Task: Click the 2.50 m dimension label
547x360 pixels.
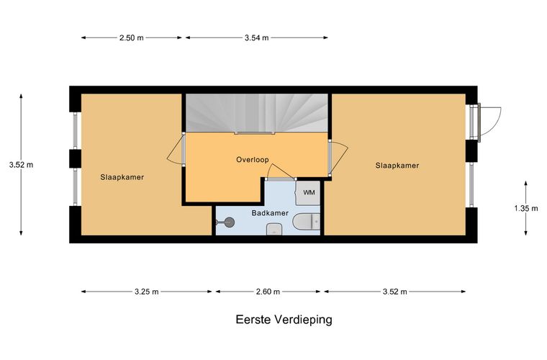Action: pyautogui.click(x=132, y=37)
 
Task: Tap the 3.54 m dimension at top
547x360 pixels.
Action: pyautogui.click(x=257, y=37)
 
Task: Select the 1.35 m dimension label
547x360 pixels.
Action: pyautogui.click(x=526, y=209)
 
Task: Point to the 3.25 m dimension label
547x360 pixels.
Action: pyautogui.click(x=147, y=292)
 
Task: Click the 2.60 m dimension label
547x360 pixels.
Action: pyautogui.click(x=268, y=292)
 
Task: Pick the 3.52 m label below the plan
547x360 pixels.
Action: pyautogui.click(x=395, y=292)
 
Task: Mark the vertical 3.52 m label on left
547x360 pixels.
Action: pyautogui.click(x=22, y=165)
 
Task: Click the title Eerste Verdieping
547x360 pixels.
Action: pyautogui.click(x=284, y=320)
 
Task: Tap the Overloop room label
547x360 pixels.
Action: pyautogui.click(x=253, y=160)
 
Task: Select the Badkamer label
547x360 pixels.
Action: pyautogui.click(x=270, y=213)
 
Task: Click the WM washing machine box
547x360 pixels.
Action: pyautogui.click(x=308, y=192)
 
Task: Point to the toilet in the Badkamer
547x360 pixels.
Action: pyautogui.click(x=307, y=222)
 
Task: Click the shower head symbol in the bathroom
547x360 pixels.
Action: pyautogui.click(x=225, y=222)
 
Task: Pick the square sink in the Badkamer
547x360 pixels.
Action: pyautogui.click(x=274, y=229)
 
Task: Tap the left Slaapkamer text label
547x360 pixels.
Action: pyautogui.click(x=122, y=177)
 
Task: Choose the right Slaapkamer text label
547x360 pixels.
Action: pyautogui.click(x=397, y=166)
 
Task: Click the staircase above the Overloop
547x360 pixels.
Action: pyautogui.click(x=256, y=113)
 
